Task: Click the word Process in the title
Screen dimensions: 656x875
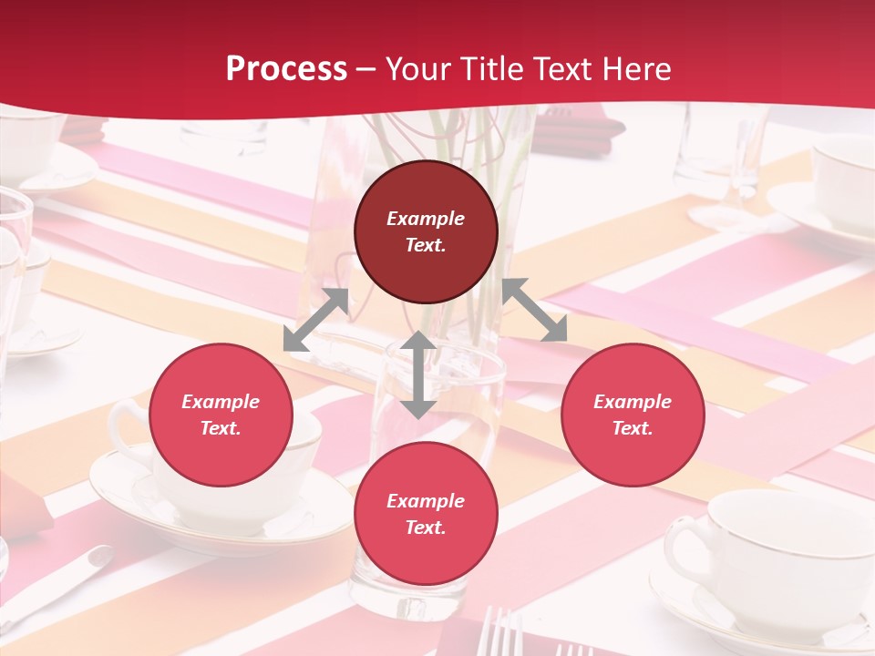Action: click(286, 69)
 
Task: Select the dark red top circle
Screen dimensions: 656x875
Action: click(426, 232)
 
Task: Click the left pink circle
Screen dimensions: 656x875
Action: click(221, 415)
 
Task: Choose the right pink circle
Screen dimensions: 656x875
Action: click(633, 415)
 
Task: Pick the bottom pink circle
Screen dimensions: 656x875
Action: click(426, 515)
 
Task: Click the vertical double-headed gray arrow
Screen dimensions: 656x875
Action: click(418, 374)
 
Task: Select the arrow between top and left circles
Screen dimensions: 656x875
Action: click(316, 320)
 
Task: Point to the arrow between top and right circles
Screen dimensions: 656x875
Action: click(535, 310)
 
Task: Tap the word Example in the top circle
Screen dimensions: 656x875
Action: click(426, 219)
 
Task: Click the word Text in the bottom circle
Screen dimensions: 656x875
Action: click(426, 528)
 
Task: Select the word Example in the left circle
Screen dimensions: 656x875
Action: click(221, 402)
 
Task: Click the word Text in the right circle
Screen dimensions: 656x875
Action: click(633, 428)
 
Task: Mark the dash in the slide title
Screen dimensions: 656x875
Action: click(365, 69)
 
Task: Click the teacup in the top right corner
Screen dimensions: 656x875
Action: click(843, 182)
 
